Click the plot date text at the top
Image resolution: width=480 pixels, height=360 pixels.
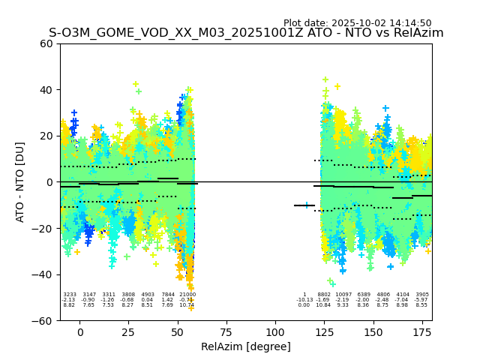coord(357,23)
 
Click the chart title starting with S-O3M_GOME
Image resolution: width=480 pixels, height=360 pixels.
coord(246,33)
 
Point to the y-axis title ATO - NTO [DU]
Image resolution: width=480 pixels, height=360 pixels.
coord(20,182)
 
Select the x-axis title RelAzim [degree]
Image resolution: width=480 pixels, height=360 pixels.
coord(246,346)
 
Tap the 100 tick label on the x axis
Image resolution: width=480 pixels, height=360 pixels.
coord(275,332)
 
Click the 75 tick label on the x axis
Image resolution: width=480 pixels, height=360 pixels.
coord(226,332)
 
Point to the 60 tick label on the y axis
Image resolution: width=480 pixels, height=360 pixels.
coord(46,43)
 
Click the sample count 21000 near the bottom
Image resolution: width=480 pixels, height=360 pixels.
coord(187,295)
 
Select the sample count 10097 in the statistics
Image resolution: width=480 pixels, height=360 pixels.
coord(343,295)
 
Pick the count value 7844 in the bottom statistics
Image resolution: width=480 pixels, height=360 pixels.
coord(168,295)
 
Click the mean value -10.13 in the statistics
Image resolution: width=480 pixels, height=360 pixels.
coord(304,300)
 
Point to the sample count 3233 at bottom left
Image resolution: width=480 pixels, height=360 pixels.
coord(69,295)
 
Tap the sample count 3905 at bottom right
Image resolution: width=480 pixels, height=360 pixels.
coord(422,295)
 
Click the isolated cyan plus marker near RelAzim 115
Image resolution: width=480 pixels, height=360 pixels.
coord(306,205)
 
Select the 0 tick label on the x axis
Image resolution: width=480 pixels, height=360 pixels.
coord(80,332)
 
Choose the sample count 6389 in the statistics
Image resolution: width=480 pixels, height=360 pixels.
coord(364,295)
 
